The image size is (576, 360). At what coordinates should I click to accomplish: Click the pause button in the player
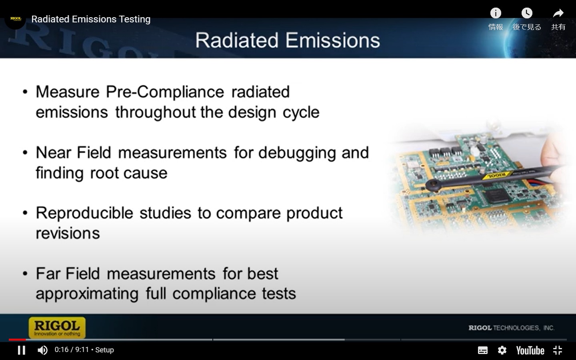point(22,350)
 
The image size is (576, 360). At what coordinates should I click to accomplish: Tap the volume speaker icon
point(42,350)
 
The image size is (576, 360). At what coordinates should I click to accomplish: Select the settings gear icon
point(502,350)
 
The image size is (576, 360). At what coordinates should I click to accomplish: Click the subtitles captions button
point(483,350)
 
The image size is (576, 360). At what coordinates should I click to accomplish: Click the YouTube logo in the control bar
point(530,350)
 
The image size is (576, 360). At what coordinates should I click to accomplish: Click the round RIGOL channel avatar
point(16,19)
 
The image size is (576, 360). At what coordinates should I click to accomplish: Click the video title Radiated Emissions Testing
point(91,19)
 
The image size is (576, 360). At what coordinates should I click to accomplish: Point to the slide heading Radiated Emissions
point(287,40)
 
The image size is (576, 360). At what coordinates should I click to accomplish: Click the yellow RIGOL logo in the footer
point(57,328)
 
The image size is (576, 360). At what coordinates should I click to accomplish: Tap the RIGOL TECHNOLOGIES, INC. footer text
point(511,328)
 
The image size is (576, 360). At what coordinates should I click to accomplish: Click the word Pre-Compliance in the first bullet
point(164,92)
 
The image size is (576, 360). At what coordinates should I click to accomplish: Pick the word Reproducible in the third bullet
point(84,213)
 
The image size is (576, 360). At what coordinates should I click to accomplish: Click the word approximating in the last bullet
point(87,294)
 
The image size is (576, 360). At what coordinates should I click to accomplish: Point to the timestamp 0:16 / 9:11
point(72,350)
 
